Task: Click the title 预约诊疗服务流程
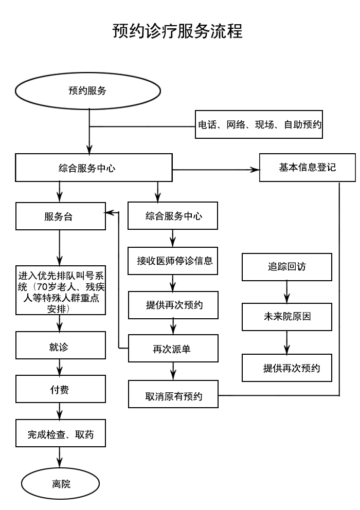point(177,31)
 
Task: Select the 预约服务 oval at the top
point(87,90)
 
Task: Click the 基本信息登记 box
point(307,168)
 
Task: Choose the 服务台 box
point(60,216)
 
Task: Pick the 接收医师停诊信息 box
point(173,261)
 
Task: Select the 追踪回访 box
point(286,267)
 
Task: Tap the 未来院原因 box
point(286,317)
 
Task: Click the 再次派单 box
point(173,349)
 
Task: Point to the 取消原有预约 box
point(173,394)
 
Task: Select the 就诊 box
point(60,345)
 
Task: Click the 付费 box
point(60,389)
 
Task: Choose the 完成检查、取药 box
point(60,433)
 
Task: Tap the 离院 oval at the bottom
point(60,484)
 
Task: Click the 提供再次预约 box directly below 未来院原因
point(286,368)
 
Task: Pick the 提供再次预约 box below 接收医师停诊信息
point(173,305)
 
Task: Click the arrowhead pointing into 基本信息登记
point(254,169)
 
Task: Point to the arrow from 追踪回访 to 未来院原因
point(286,293)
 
